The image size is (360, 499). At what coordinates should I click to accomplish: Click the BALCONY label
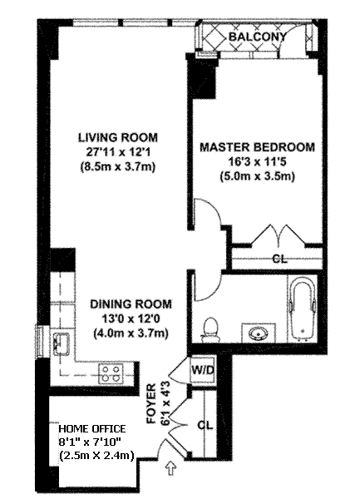click(257, 37)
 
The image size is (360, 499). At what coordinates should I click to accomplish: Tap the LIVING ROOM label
click(118, 138)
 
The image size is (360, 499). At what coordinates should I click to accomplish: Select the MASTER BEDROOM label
click(257, 147)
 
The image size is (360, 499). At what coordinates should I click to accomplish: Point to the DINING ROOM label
click(131, 304)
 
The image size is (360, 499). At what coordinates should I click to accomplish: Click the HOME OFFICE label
click(92, 428)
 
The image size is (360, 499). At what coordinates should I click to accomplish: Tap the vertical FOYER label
click(151, 404)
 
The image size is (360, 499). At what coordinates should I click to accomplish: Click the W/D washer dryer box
click(203, 370)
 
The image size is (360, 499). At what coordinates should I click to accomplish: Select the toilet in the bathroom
click(210, 329)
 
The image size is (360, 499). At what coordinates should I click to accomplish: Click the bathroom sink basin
click(259, 333)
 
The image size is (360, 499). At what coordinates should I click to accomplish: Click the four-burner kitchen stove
click(111, 374)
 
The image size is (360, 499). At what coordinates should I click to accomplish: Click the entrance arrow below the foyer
click(170, 468)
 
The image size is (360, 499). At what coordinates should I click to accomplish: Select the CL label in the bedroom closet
click(280, 259)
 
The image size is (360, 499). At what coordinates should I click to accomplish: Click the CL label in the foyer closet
click(205, 425)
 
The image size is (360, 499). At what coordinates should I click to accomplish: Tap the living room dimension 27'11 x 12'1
click(118, 152)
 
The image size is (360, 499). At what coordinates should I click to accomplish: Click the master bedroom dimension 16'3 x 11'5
click(257, 162)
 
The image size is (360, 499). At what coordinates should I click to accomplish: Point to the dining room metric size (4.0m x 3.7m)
click(131, 333)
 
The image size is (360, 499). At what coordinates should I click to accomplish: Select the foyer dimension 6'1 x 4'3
click(166, 404)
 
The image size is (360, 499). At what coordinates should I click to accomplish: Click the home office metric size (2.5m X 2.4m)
click(96, 455)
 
